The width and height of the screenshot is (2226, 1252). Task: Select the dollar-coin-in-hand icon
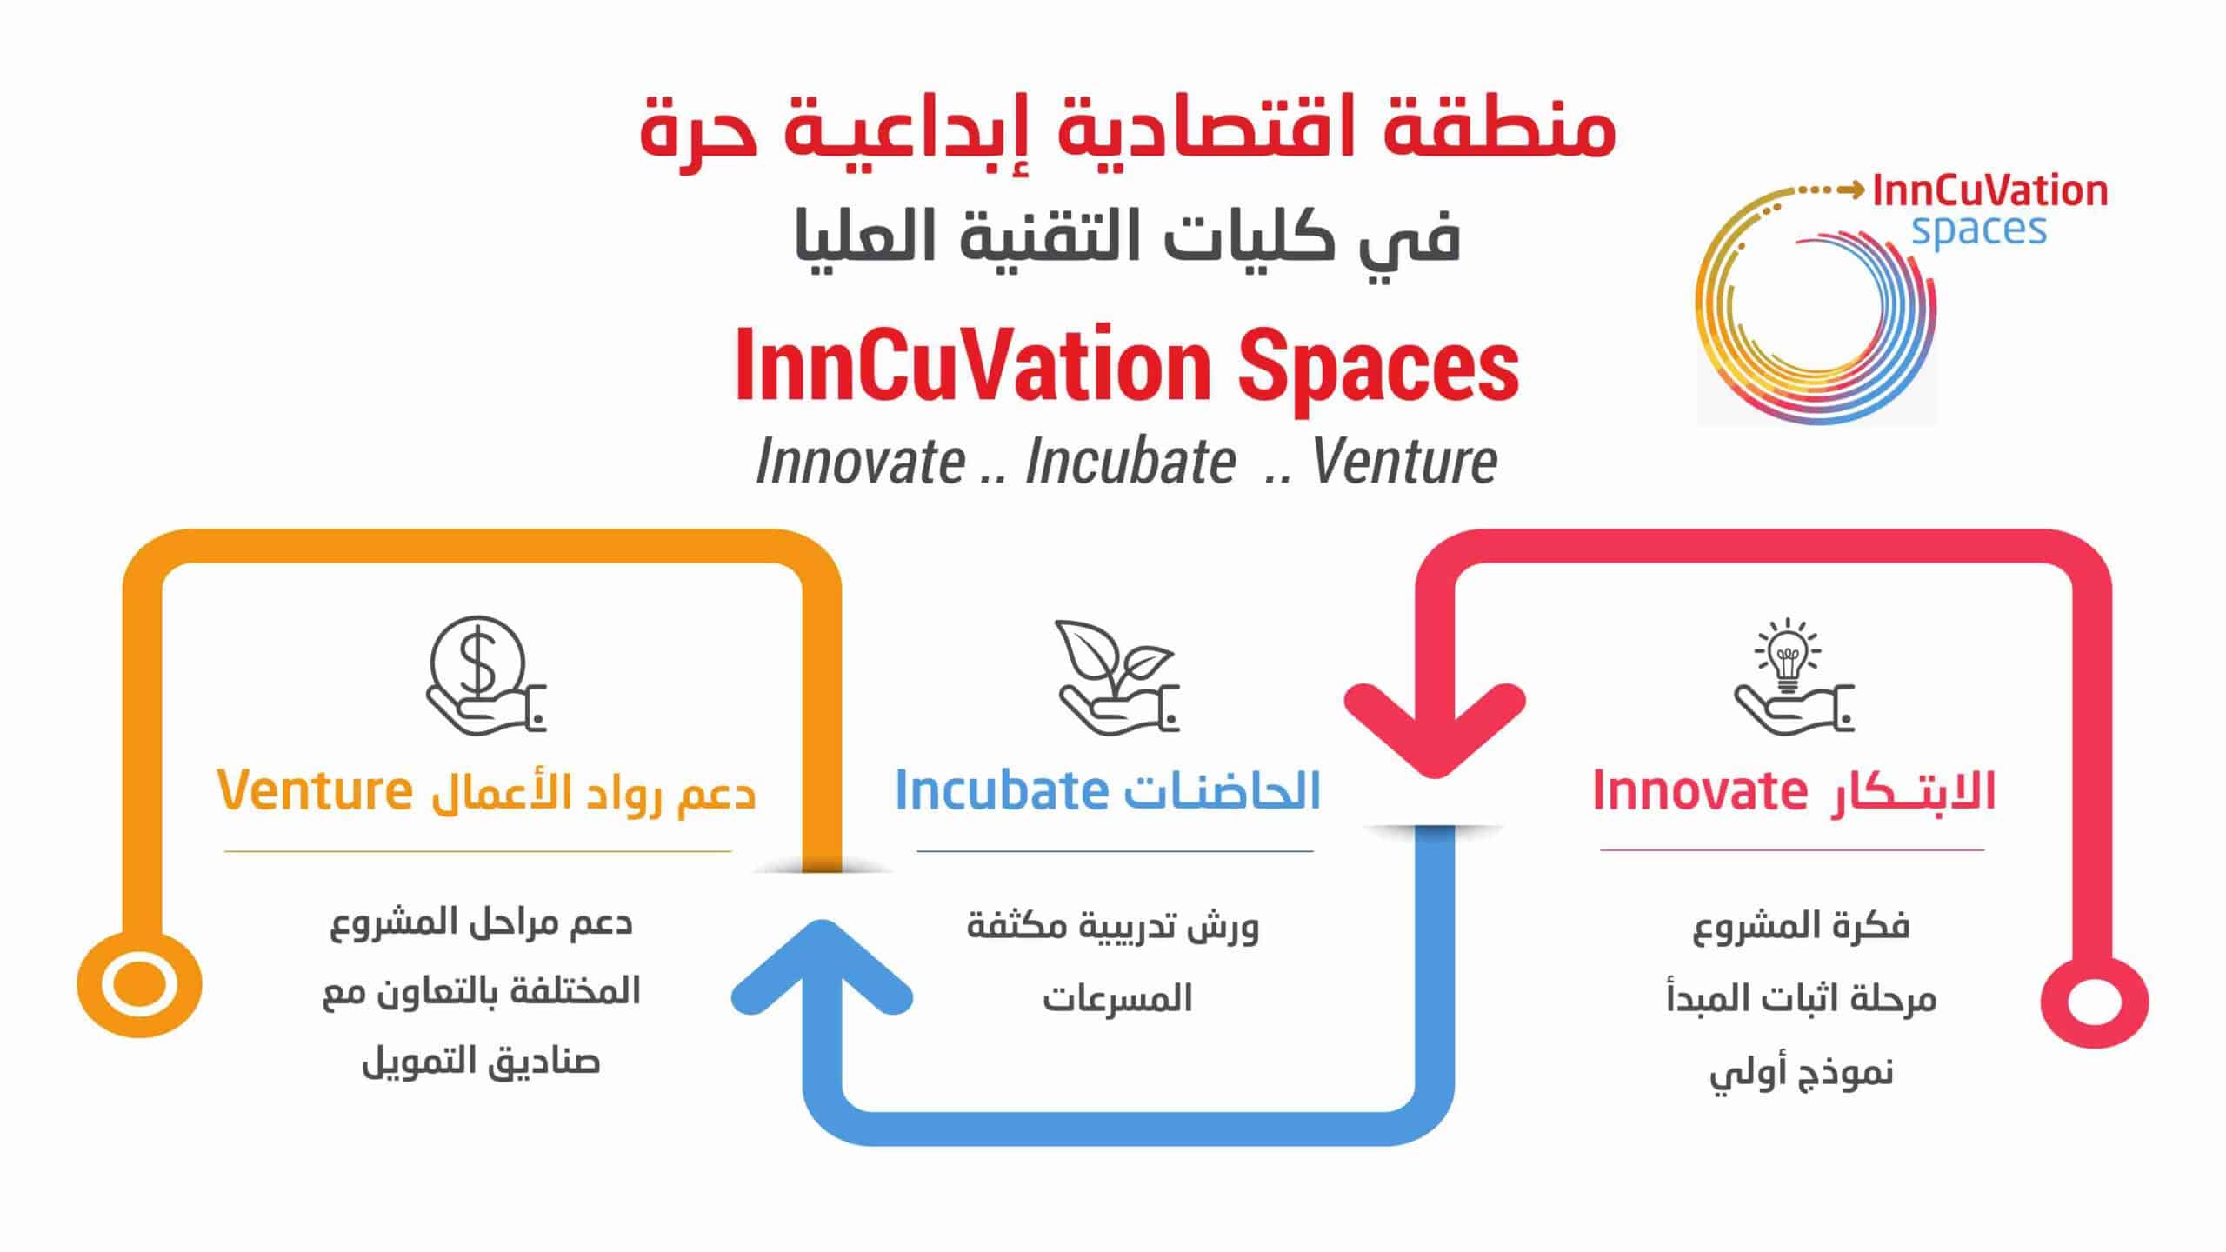485,676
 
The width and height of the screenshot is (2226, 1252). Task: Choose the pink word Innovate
1698,790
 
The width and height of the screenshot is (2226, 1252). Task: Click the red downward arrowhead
1435,730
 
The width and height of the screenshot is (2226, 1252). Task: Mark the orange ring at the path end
139,985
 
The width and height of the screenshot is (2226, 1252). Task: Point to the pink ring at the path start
2095,1002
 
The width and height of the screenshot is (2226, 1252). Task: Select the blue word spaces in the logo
1979,230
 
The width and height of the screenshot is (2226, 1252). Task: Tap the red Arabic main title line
1128,130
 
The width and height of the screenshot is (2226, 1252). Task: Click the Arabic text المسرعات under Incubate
1117,998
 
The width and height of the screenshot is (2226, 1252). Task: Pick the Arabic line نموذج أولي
1801,1073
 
